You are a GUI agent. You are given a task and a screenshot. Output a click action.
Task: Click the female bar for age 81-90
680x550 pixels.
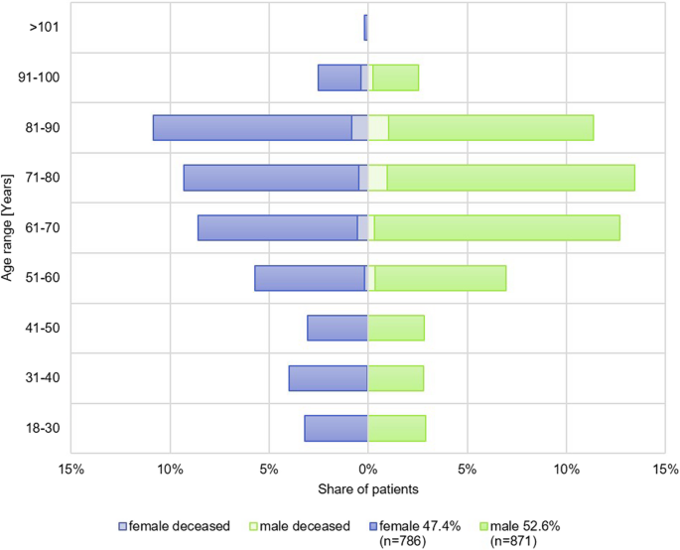pyautogui.click(x=253, y=128)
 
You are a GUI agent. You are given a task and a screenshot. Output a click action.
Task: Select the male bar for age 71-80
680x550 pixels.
pyautogui.click(x=510, y=178)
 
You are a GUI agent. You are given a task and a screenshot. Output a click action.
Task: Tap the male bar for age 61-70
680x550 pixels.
pyautogui.click(x=496, y=227)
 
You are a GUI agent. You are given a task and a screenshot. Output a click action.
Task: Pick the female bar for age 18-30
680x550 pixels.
pyautogui.click(x=336, y=428)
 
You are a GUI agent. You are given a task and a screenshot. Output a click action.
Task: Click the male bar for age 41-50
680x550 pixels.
pyautogui.click(x=396, y=328)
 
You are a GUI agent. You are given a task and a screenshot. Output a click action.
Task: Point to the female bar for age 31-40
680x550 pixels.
pyautogui.click(x=328, y=378)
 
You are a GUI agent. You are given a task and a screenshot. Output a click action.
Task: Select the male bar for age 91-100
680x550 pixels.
pyautogui.click(x=395, y=77)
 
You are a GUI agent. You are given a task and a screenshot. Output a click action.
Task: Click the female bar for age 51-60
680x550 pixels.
pyautogui.click(x=310, y=278)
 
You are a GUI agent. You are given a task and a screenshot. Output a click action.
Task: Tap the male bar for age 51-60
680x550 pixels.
pyautogui.click(x=440, y=278)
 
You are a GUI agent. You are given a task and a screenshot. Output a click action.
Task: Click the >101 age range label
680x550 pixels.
pyautogui.click(x=45, y=28)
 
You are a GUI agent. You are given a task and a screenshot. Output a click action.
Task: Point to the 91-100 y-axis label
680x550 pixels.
pyautogui.click(x=40, y=77)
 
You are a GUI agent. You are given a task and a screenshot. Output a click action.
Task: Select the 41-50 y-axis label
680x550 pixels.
pyautogui.click(x=43, y=328)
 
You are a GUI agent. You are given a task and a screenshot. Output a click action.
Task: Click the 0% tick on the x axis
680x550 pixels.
pyautogui.click(x=368, y=469)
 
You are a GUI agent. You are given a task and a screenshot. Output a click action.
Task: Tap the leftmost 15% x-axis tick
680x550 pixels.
pyautogui.click(x=70, y=469)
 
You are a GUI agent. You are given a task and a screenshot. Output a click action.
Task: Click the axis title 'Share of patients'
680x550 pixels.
pyautogui.click(x=368, y=489)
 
